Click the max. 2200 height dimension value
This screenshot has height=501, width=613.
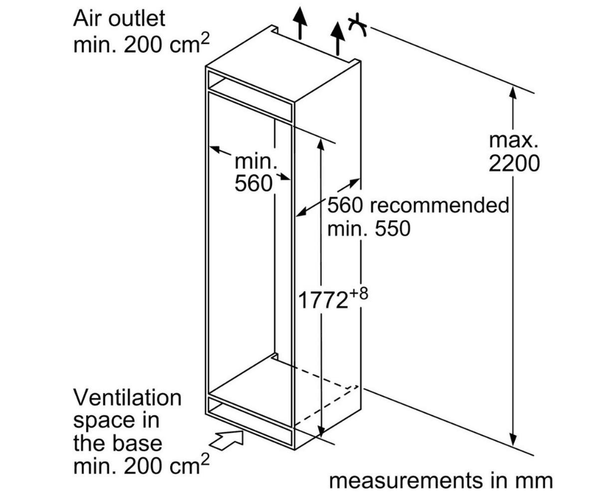coord(514,162)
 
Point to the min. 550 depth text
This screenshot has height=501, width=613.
coord(368,228)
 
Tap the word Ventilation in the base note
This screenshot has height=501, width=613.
coord(127,398)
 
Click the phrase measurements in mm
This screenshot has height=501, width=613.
coord(441,480)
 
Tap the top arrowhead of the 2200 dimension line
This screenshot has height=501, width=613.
coord(513,94)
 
